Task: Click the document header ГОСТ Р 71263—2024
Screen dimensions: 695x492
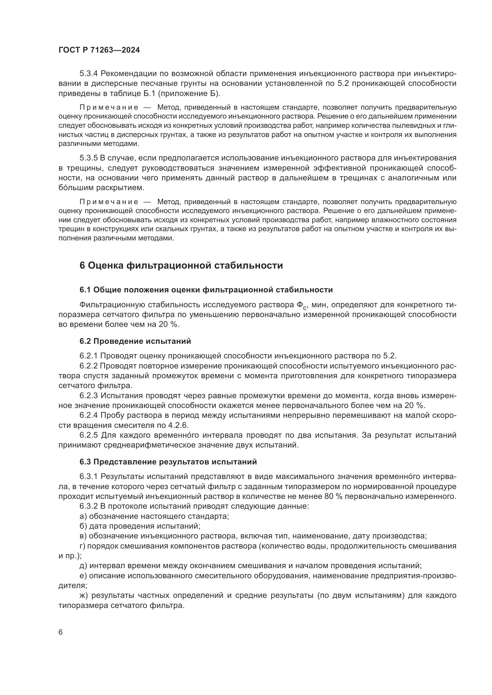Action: [99, 50]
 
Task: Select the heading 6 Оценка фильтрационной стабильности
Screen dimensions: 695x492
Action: [181, 265]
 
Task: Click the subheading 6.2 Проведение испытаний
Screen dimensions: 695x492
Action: [135, 341]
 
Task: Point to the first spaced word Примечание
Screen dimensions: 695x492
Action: [109, 108]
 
